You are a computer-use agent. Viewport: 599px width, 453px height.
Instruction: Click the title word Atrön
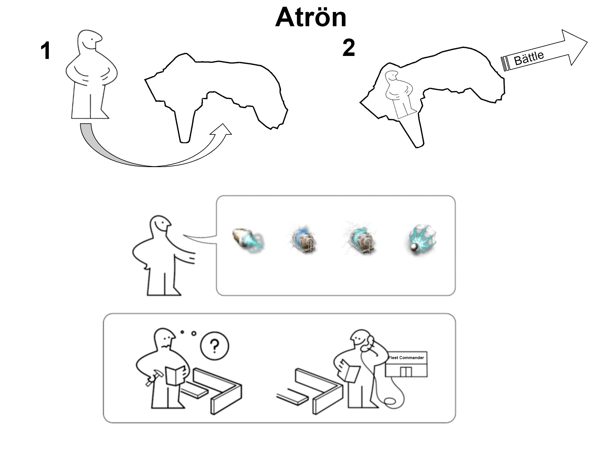click(311, 17)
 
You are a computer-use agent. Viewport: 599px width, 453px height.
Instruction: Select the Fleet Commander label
click(406, 358)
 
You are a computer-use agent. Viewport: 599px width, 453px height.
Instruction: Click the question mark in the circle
click(215, 346)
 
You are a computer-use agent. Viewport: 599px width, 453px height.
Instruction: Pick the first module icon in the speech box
click(248, 240)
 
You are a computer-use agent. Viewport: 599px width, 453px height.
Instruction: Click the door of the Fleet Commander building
click(406, 372)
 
